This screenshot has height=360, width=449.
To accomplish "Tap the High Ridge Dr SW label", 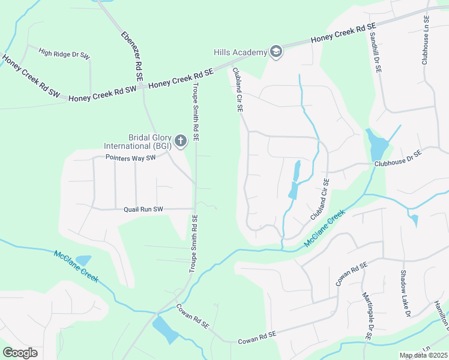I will tap(64, 53).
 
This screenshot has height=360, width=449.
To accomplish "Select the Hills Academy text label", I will tap(240, 52).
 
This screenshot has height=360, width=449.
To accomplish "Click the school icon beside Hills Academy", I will tap(276, 52).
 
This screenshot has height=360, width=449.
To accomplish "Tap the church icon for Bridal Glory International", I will tap(181, 142).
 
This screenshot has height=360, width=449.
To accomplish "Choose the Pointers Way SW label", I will tap(130, 158).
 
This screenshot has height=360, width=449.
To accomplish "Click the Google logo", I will tap(20, 352).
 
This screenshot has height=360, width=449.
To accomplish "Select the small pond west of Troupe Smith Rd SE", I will tap(83, 260).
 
